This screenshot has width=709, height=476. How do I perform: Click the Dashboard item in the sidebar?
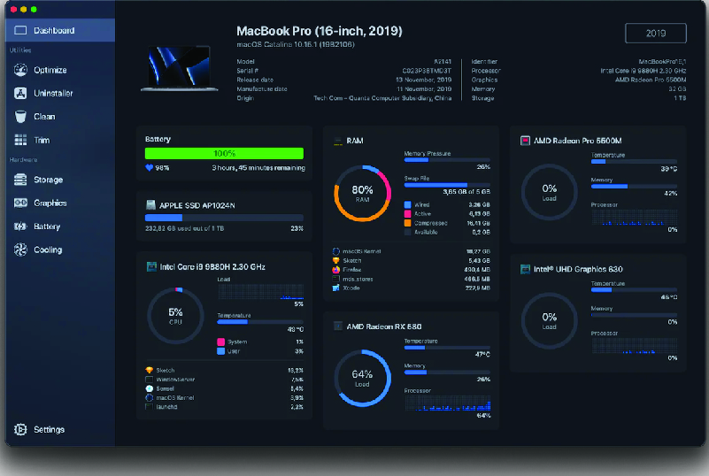click(x=53, y=31)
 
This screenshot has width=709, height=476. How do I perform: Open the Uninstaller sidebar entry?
click(x=53, y=93)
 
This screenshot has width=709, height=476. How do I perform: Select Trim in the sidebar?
click(x=42, y=140)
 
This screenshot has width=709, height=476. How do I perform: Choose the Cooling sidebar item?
click(x=48, y=250)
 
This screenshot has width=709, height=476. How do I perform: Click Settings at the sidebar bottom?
click(x=49, y=429)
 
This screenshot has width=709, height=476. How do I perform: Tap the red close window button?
click(x=13, y=9)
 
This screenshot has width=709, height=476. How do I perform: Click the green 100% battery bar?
click(x=224, y=153)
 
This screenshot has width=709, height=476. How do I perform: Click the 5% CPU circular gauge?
click(x=175, y=315)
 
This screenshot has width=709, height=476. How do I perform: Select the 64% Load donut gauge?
click(x=362, y=377)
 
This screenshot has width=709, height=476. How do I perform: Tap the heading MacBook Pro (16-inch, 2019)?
click(x=320, y=31)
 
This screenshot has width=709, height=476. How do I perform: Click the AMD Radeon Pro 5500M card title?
click(x=577, y=141)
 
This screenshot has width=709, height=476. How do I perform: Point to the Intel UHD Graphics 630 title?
click(x=578, y=269)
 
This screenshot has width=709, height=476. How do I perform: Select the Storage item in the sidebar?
click(x=48, y=180)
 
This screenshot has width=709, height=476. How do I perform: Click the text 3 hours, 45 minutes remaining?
click(x=258, y=167)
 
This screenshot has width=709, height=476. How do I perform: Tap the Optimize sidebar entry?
click(x=50, y=70)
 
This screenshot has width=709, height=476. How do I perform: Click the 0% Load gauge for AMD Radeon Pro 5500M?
click(x=550, y=191)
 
